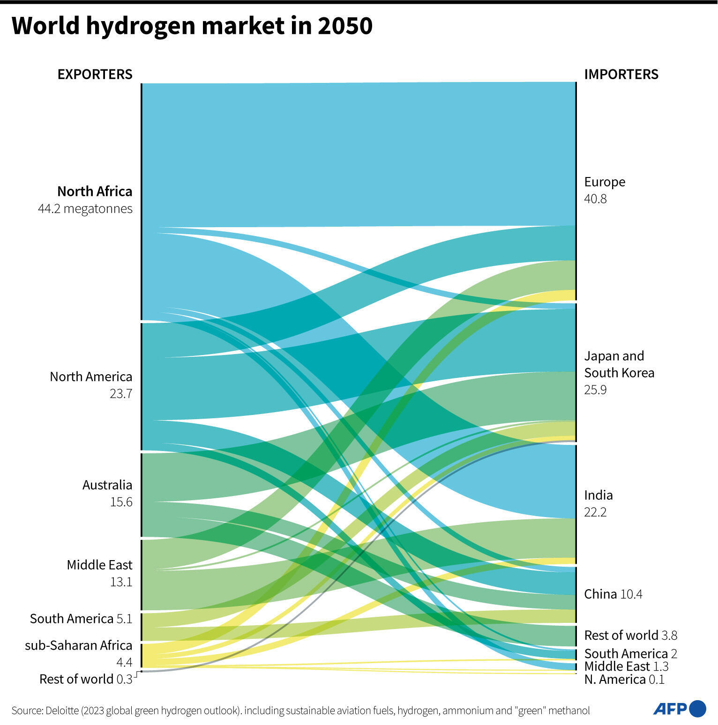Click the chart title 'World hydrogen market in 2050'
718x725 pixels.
tap(192, 26)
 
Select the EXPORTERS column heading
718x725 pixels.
tap(95, 74)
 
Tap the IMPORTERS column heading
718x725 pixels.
tap(621, 74)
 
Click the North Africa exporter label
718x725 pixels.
tap(95, 192)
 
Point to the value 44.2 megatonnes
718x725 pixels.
tap(85, 209)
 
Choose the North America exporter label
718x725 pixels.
tap(91, 377)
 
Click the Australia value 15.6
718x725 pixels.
tap(121, 502)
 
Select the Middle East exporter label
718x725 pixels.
tap(99, 565)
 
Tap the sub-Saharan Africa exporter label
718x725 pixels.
tap(78, 645)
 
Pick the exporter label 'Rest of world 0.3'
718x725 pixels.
tap(86, 679)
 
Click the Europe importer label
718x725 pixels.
tap(605, 182)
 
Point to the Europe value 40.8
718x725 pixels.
tap(595, 199)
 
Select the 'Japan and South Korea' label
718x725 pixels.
tap(619, 364)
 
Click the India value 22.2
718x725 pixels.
tap(595, 512)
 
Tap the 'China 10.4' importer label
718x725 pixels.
tap(613, 594)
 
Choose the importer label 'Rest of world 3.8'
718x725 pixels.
tap(630, 636)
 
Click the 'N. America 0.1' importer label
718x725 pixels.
tap(624, 680)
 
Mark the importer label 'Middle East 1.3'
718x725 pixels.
tap(626, 666)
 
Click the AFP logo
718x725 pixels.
tap(679, 709)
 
